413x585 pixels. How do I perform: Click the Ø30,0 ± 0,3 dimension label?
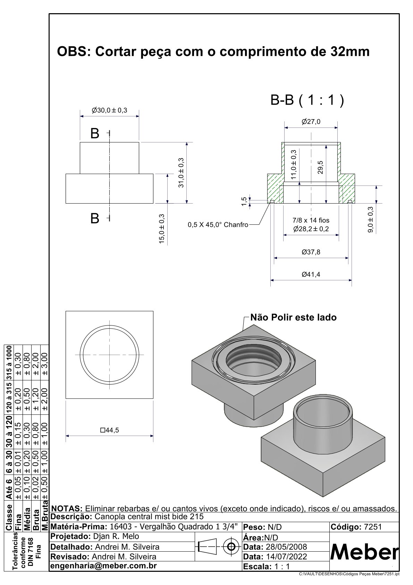pyautogui.click(x=109, y=110)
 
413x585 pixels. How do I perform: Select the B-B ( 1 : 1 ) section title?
pyautogui.click(x=307, y=100)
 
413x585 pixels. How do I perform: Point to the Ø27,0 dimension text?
pyautogui.click(x=311, y=122)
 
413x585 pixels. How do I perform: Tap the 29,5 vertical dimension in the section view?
pyautogui.click(x=320, y=167)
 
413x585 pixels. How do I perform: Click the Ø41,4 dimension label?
pyautogui.click(x=311, y=274)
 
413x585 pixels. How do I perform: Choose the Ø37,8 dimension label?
pyautogui.click(x=311, y=252)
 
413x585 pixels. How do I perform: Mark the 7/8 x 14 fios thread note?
pyautogui.click(x=311, y=220)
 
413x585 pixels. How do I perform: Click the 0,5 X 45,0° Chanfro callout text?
pyautogui.click(x=218, y=225)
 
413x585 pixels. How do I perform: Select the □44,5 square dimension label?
pyautogui.click(x=109, y=430)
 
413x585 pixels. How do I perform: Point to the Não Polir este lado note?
pyautogui.click(x=293, y=317)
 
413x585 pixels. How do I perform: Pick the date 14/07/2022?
pyautogui.click(x=286, y=557)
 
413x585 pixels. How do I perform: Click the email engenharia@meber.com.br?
pyautogui.click(x=104, y=566)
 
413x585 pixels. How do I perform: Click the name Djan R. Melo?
pyautogui.click(x=116, y=536)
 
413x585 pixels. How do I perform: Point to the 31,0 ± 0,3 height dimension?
pyautogui.click(x=181, y=173)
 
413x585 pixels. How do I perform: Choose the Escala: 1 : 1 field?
pyautogui.click(x=266, y=567)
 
